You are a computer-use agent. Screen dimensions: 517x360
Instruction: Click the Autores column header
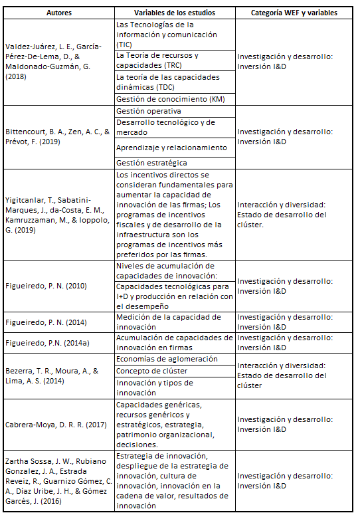pyautogui.click(x=58, y=13)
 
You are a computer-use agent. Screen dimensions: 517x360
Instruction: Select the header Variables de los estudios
pyautogui.click(x=175, y=13)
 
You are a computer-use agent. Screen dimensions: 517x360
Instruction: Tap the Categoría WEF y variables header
pyautogui.click(x=294, y=13)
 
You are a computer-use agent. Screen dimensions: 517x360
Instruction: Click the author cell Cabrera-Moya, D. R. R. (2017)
pyautogui.click(x=58, y=424)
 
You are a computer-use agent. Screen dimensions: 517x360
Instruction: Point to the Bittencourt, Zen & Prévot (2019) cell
pyautogui.click(x=58, y=137)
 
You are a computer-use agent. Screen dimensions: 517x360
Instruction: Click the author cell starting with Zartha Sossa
pyautogui.click(x=58, y=480)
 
